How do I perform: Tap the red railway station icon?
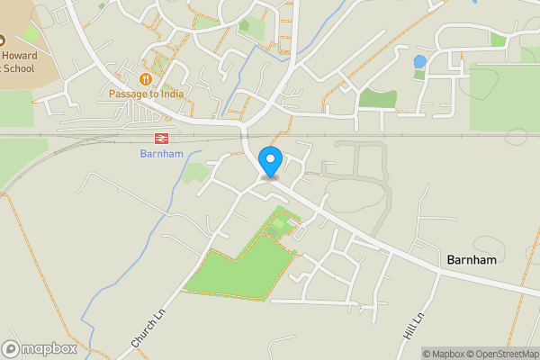[162, 138]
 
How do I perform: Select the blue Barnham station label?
[162, 154]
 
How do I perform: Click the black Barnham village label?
[472, 259]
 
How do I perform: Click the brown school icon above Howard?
[2, 40]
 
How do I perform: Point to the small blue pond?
[419, 62]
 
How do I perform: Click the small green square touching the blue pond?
[419, 74]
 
